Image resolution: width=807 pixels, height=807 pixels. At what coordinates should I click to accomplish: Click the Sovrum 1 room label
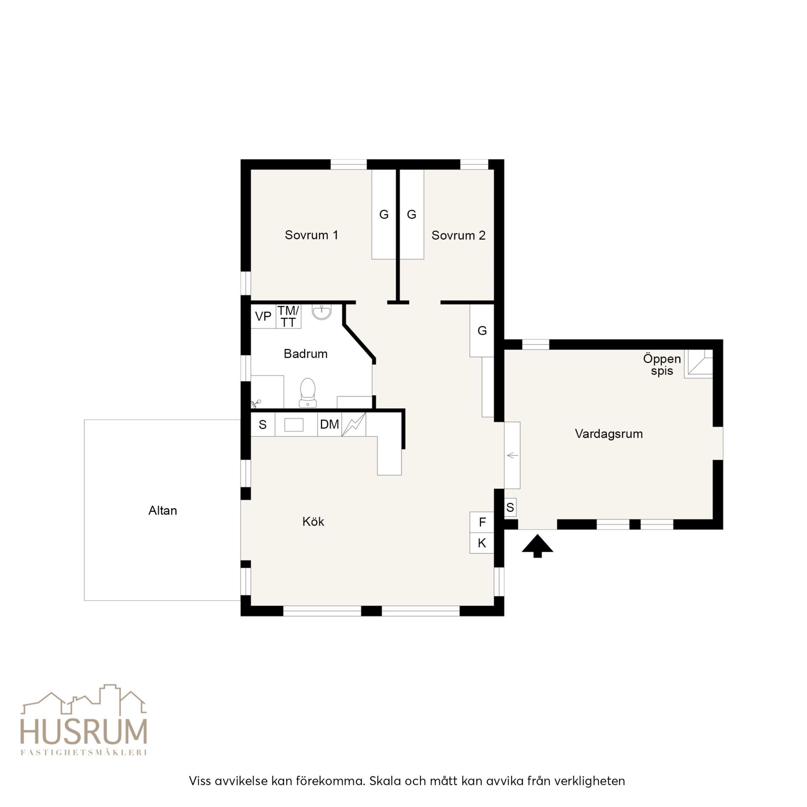(311, 235)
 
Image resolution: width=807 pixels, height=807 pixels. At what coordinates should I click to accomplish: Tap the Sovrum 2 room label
(458, 235)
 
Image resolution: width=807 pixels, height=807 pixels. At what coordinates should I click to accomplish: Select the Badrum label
(306, 354)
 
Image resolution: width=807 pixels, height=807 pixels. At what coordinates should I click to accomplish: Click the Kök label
(313, 522)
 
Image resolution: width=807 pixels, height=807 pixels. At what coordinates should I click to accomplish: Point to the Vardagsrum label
(609, 434)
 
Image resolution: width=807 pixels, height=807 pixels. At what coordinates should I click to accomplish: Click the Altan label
(163, 511)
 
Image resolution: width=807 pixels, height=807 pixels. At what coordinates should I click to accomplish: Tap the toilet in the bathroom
(308, 393)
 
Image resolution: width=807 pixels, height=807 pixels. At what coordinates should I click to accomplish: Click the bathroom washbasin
(322, 312)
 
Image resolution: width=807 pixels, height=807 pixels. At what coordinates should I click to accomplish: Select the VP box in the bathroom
(263, 316)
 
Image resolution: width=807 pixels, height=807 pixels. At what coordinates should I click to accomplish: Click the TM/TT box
(288, 316)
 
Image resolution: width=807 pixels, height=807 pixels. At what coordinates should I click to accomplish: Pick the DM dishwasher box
(330, 425)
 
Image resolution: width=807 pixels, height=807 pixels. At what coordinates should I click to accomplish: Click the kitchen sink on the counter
(294, 425)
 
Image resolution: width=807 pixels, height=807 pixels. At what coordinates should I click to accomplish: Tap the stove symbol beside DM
(354, 425)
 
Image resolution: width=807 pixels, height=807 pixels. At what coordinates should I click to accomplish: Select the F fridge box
(482, 522)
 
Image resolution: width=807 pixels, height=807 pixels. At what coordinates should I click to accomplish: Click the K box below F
(482, 543)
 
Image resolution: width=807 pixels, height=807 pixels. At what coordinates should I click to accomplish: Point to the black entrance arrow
(538, 546)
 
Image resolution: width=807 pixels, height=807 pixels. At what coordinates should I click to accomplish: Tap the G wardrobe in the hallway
(482, 331)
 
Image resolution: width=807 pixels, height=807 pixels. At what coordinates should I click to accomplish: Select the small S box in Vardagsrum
(510, 508)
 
